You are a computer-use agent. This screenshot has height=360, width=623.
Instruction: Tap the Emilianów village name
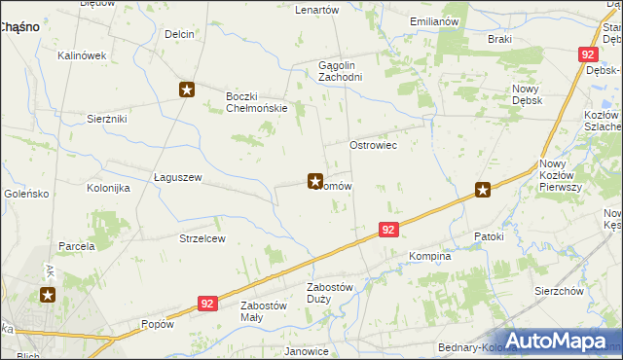pyautogui.click(x=434, y=20)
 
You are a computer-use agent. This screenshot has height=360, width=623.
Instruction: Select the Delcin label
pyautogui.click(x=180, y=34)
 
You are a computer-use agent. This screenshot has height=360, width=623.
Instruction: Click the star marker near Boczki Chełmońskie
pyautogui.click(x=187, y=90)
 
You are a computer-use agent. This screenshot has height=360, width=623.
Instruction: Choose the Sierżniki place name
pyautogui.click(x=107, y=117)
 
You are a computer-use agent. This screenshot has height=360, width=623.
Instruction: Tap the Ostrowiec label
pyautogui.click(x=374, y=144)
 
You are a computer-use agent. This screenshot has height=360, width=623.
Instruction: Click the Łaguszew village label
pyautogui.click(x=178, y=177)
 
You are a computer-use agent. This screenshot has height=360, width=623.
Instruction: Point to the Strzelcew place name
pyautogui.click(x=202, y=238)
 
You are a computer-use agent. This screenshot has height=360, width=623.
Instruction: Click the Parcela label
pyautogui.click(x=76, y=246)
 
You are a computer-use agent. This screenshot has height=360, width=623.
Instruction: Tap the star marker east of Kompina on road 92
pyautogui.click(x=483, y=191)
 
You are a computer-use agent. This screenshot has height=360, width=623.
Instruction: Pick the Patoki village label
pyautogui.click(x=489, y=236)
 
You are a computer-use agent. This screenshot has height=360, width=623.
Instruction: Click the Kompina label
pyautogui.click(x=430, y=256)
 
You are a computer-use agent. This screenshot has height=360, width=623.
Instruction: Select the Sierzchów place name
pyautogui.click(x=559, y=291)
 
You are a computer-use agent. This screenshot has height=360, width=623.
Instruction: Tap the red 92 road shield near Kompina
pyautogui.click(x=388, y=230)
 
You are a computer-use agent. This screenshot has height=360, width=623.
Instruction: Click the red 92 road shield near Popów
pyautogui.click(x=205, y=304)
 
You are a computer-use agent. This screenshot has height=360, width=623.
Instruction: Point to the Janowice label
pyautogui.click(x=305, y=350)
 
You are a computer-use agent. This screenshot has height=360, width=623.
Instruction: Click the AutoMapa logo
pyautogui.click(x=560, y=341)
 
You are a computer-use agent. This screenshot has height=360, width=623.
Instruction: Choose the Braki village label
pyautogui.click(x=499, y=39)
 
